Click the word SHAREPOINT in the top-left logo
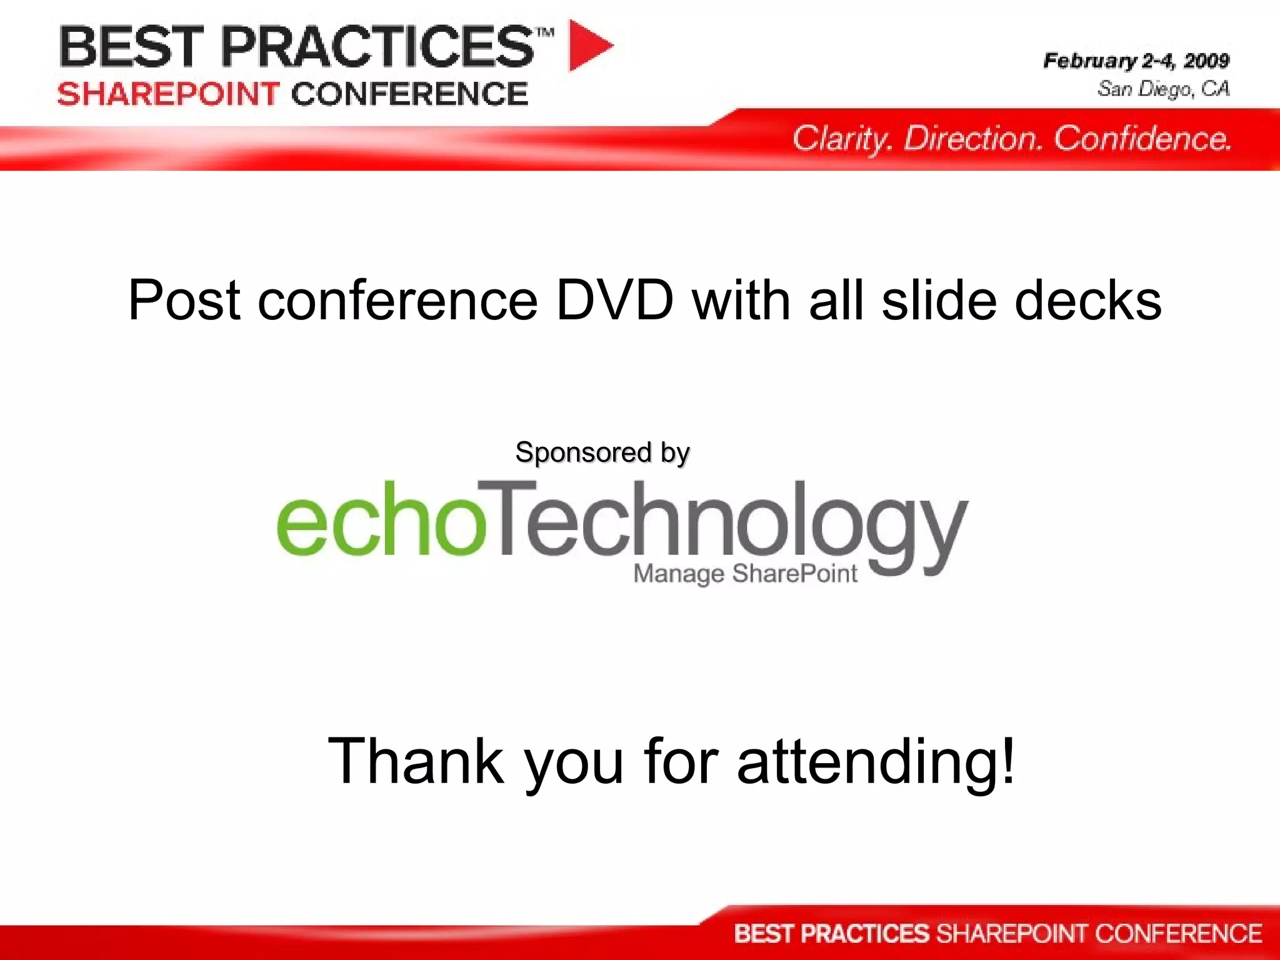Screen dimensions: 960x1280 pos(167,94)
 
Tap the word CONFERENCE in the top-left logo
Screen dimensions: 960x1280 pos(409,94)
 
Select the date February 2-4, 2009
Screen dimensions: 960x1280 pos(1136,61)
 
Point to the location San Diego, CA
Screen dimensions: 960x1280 pos(1163,89)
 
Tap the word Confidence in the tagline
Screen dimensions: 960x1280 pos(1142,139)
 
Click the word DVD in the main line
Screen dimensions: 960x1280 pos(614,300)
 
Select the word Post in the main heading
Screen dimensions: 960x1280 pos(184,300)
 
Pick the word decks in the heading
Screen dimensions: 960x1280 pos(1087,300)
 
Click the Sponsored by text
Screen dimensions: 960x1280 pos(602,452)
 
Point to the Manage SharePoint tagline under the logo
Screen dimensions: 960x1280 pos(745,573)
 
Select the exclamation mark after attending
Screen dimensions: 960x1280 pos(1007,759)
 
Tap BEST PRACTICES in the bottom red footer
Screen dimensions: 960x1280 pos(831,934)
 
